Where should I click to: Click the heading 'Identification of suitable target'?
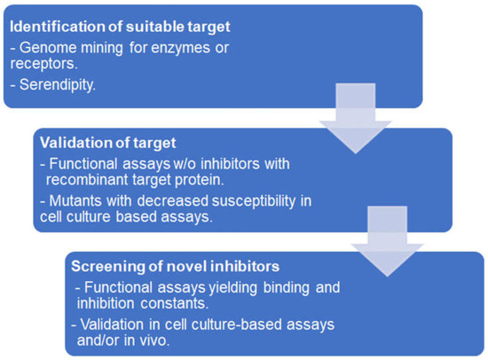[x=120, y=27]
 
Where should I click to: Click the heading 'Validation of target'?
[x=108, y=143]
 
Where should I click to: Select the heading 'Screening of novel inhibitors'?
[x=176, y=267]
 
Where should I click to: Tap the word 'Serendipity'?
[x=57, y=85]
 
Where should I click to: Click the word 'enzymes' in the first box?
[x=178, y=49]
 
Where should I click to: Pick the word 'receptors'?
[x=43, y=65]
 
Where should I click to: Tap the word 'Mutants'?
[x=75, y=201]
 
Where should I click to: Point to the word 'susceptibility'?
[x=254, y=201]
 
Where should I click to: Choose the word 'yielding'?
[x=232, y=288]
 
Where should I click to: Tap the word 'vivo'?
[x=154, y=340]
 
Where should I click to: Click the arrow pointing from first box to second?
[x=356, y=118]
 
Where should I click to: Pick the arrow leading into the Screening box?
[x=388, y=241]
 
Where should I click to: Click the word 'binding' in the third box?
[x=287, y=288]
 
